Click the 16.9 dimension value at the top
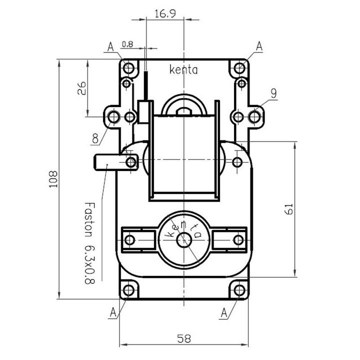click(165, 13)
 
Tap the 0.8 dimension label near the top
click(127, 44)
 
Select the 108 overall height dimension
click(53, 179)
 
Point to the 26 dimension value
click(81, 88)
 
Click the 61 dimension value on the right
click(289, 208)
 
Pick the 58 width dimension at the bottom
click(184, 338)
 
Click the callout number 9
click(273, 93)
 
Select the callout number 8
click(95, 138)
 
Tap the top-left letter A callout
click(110, 47)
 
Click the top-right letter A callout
click(259, 46)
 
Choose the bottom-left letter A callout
click(113, 312)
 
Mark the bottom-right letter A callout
click(224, 312)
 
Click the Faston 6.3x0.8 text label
click(90, 243)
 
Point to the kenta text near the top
click(183, 69)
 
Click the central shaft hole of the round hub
click(184, 240)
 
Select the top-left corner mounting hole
click(128, 68)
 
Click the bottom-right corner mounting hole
click(239, 290)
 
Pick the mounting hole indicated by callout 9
click(254, 116)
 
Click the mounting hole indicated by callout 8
click(113, 117)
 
